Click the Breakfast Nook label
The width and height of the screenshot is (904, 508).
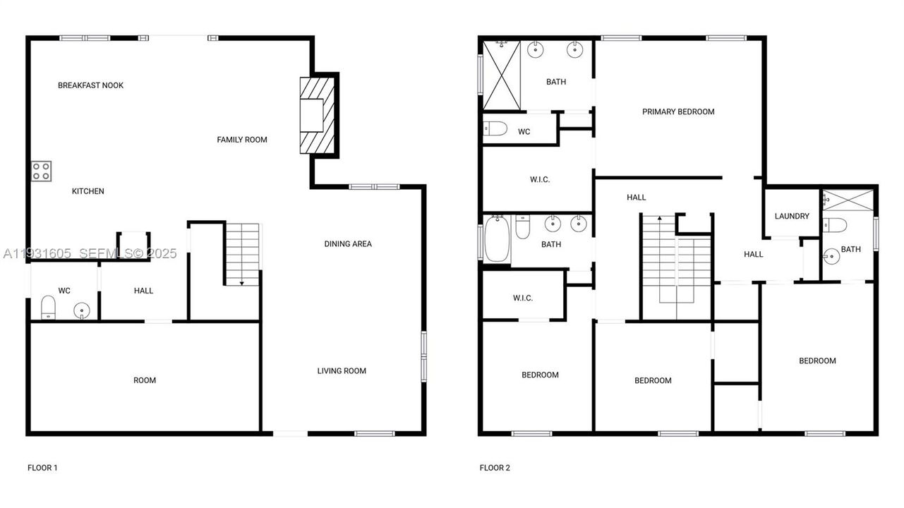point(90,85)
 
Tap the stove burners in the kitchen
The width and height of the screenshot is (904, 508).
point(41,171)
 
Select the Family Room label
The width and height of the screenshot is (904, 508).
point(241,140)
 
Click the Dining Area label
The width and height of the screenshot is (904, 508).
point(348,244)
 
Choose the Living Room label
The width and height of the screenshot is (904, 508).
point(342,371)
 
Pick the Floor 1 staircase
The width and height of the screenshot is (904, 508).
point(242,253)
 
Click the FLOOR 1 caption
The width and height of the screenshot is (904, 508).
point(42,468)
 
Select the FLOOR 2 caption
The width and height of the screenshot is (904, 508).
point(495,468)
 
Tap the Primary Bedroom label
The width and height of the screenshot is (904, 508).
point(678,111)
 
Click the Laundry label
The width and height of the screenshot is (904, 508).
point(792,216)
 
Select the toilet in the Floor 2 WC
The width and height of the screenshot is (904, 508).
point(495,129)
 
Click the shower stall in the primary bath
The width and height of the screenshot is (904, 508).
point(502,75)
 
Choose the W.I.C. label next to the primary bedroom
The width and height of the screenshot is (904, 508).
point(540,180)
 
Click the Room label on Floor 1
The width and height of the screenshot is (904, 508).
point(145,380)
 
